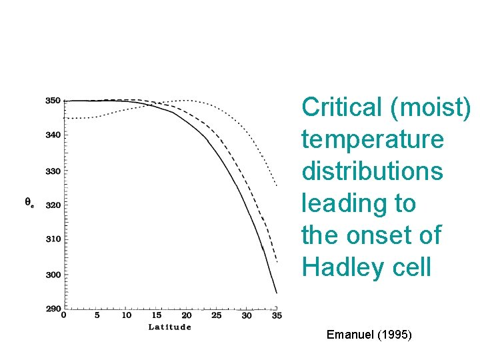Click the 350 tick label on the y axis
[53, 101]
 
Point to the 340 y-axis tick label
[53, 135]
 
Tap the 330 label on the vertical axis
[53, 171]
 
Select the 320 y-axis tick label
[53, 205]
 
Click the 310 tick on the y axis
[53, 239]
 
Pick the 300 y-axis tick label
[53, 275]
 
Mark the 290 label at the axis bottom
[53, 308]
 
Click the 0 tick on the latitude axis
[64, 315]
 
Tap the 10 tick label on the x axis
[127, 315]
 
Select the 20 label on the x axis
[187, 315]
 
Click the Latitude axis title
[169, 327]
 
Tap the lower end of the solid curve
[277, 293]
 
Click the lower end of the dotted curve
[277, 185]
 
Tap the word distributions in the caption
[371, 171]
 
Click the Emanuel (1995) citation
[369, 334]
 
